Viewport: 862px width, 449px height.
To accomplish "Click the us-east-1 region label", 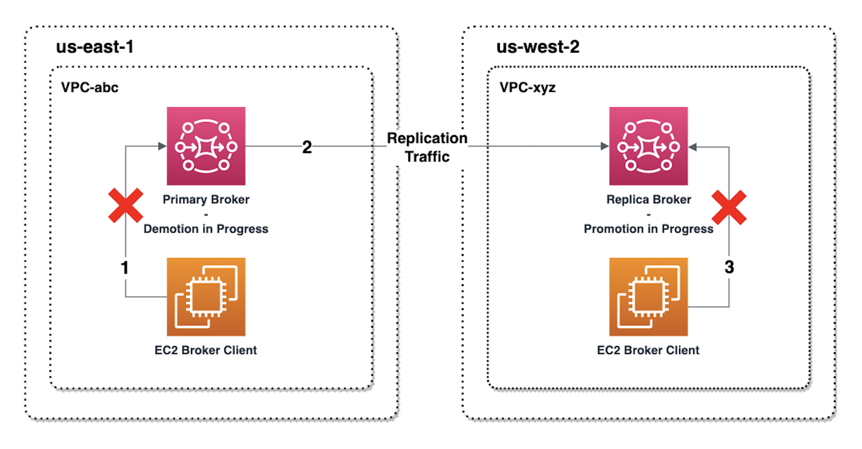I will tap(95, 47).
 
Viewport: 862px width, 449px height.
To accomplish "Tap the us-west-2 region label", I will tap(537, 47).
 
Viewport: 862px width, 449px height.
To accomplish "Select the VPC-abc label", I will tap(89, 87).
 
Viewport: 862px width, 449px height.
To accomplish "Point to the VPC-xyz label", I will tap(527, 87).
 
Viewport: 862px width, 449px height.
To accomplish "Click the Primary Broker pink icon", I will tap(206, 146).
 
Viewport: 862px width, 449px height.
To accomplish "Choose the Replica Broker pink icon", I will tap(648, 146).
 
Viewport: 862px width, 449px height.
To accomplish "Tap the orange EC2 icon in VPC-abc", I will tap(206, 297).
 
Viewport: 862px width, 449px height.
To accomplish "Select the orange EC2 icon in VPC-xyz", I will tap(648, 297).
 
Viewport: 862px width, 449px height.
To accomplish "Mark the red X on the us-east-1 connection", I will tap(125, 205).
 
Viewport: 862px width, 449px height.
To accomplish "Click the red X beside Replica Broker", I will tap(729, 207).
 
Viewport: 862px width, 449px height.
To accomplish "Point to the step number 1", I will tap(125, 267).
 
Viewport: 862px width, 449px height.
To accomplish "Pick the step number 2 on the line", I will tap(307, 147).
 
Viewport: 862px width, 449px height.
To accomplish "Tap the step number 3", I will tap(729, 267).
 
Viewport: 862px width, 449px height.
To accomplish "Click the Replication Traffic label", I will tap(427, 147).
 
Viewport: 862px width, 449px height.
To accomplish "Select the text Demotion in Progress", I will tap(206, 229).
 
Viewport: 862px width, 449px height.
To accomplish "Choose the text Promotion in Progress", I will tap(648, 229).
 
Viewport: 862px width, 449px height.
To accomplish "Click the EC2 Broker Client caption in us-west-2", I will tap(648, 350).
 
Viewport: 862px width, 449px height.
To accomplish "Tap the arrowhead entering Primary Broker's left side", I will tap(162, 146).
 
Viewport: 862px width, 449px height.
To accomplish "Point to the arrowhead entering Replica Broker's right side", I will tap(693, 147).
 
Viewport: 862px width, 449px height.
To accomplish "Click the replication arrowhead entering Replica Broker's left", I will tap(605, 146).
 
